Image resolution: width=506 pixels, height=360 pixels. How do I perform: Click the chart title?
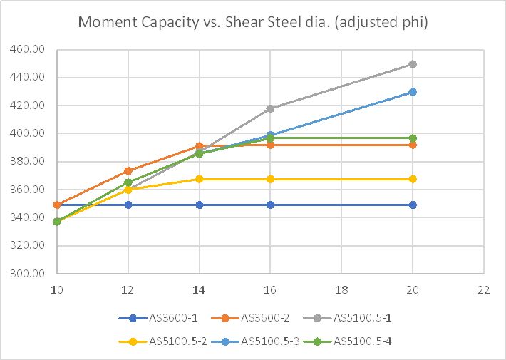[x=252, y=22]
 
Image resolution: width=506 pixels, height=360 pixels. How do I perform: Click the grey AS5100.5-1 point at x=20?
[x=413, y=64]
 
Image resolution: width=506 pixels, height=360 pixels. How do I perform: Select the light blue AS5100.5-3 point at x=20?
[x=413, y=92]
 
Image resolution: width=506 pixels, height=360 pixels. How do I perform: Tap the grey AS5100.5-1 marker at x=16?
[x=270, y=108]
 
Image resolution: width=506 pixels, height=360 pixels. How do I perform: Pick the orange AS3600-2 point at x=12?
[x=128, y=171]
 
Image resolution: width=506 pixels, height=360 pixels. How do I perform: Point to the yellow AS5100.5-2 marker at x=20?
[x=413, y=179]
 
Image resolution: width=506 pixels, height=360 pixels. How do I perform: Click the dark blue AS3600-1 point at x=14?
[x=200, y=205]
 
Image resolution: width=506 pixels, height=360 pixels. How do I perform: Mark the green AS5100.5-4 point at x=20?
[x=413, y=138]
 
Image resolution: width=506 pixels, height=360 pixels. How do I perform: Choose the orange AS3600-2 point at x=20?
[x=413, y=145]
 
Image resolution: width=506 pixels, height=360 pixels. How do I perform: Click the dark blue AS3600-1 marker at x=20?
[x=413, y=205]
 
